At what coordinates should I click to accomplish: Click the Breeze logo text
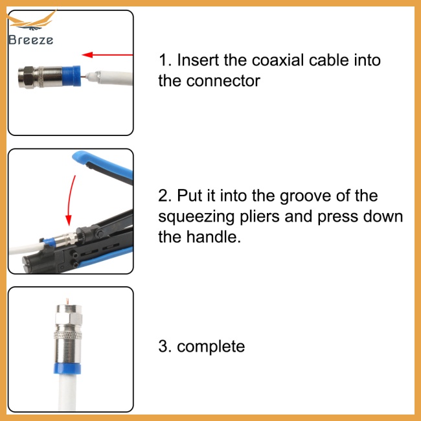tap(30, 40)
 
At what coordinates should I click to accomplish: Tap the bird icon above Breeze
tap(32, 21)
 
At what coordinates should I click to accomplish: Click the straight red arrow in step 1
tap(107, 55)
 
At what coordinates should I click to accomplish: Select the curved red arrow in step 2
tap(71, 200)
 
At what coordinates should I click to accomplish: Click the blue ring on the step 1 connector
tap(71, 76)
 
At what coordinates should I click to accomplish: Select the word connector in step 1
tap(223, 81)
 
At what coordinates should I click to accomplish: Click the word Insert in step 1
tap(198, 60)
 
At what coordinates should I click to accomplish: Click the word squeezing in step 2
tap(196, 217)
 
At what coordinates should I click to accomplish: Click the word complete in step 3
tap(210, 347)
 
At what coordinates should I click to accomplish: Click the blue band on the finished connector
tap(67, 369)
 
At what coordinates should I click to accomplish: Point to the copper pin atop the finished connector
tap(67, 301)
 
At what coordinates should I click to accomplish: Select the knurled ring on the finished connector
tap(67, 335)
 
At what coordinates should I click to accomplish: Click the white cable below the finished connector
tap(67, 393)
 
